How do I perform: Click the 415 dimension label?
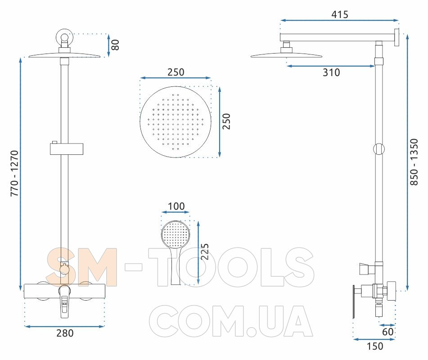[x=339, y=14]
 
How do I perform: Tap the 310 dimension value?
[x=331, y=72]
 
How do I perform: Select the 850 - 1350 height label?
[x=414, y=162]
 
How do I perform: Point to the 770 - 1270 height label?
[x=14, y=173]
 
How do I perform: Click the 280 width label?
[x=65, y=333]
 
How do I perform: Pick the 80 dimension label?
[x=115, y=45]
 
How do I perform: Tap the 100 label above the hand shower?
[x=176, y=207]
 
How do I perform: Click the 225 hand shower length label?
[x=204, y=252]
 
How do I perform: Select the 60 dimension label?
[x=387, y=332]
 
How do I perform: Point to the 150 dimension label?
[x=375, y=346]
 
